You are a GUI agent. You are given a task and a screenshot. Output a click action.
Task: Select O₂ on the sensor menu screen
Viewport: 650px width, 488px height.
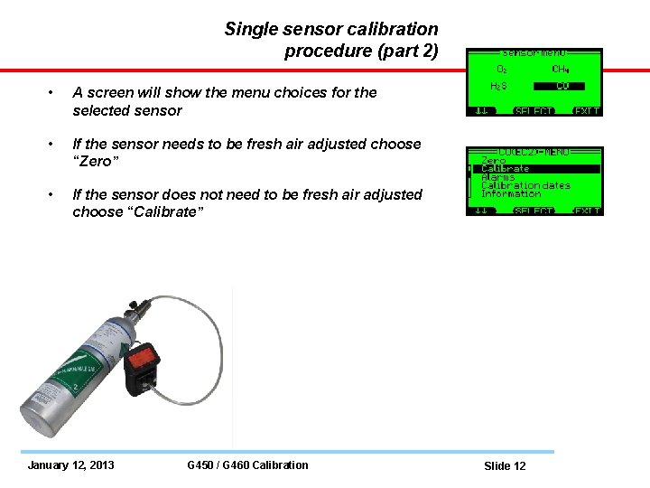(502, 69)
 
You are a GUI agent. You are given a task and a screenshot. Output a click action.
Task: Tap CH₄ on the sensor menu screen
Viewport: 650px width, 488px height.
(562, 69)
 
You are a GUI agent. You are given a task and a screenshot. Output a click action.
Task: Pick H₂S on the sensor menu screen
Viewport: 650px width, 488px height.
(498, 87)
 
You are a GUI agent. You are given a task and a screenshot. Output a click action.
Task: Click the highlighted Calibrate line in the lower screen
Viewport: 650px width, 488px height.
(506, 169)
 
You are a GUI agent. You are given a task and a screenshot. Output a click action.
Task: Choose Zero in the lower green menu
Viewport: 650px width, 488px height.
(494, 160)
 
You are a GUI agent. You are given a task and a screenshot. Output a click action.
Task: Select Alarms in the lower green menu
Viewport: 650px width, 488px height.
(498, 177)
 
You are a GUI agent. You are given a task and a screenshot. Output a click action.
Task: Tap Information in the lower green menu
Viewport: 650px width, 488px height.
(511, 193)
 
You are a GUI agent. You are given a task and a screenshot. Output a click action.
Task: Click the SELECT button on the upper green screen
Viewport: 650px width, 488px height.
(534, 111)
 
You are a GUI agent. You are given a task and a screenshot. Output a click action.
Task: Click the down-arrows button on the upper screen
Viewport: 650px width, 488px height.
(479, 111)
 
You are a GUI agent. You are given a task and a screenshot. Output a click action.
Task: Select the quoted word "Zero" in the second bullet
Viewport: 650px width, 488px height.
(93, 162)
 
